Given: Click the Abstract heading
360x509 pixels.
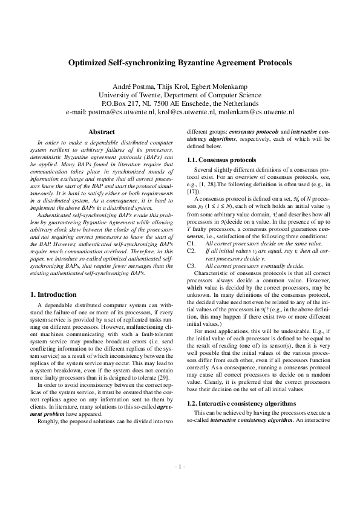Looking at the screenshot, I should [102, 132].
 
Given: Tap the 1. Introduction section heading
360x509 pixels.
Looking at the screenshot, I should [53, 294].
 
